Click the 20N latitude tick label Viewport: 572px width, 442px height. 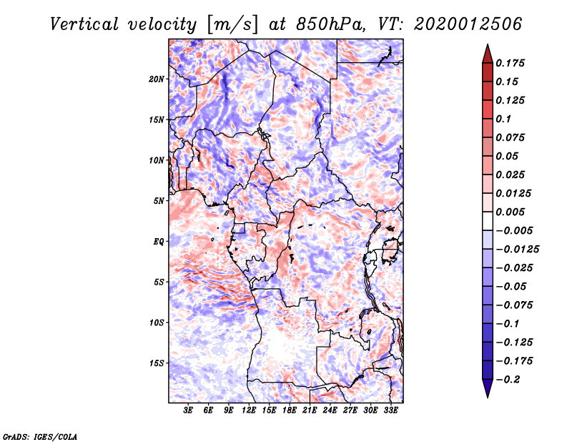pyautogui.click(x=157, y=79)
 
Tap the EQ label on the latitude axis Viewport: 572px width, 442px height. pyautogui.click(x=159, y=242)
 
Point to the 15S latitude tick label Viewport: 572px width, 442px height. pyautogui.click(x=157, y=363)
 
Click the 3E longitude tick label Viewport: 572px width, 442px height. pyautogui.click(x=189, y=411)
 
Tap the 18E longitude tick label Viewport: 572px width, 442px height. pyautogui.click(x=290, y=411)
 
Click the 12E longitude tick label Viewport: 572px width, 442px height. pyautogui.click(x=250, y=411)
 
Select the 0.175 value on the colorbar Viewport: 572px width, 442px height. pyautogui.click(x=513, y=63)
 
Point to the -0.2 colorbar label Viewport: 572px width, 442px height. pyautogui.click(x=510, y=379)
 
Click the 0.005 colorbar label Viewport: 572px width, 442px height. pyautogui.click(x=513, y=212)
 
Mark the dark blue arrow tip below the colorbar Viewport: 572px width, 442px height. pyautogui.click(x=487, y=391)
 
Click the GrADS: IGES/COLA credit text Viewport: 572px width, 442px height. pyautogui.click(x=39, y=436)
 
